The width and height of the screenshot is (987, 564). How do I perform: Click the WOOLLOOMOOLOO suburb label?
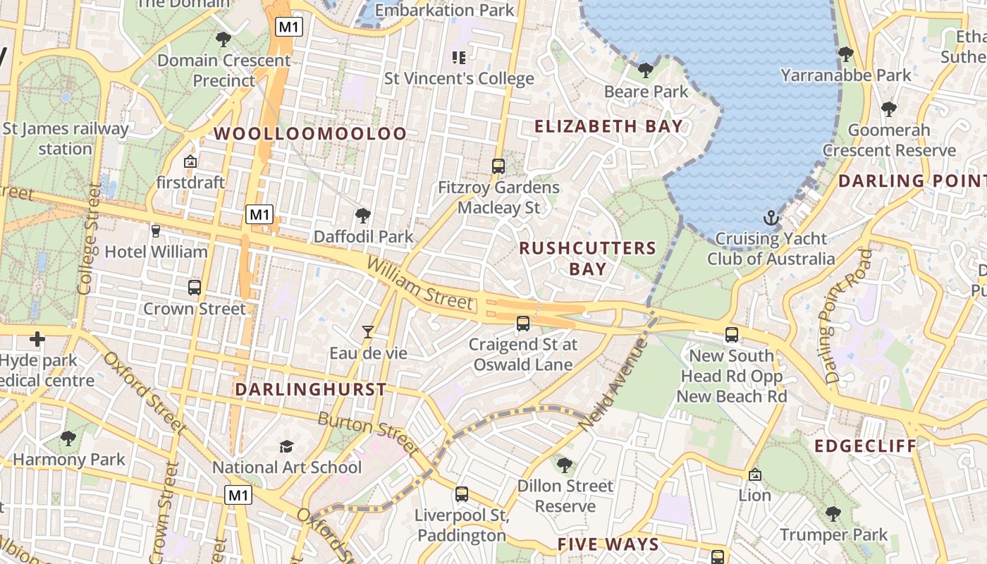click(x=310, y=133)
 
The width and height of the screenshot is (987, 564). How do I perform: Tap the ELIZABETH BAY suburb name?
click(x=608, y=127)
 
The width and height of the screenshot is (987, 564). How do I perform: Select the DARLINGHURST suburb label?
click(x=310, y=389)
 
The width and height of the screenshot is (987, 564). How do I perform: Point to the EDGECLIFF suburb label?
click(x=866, y=446)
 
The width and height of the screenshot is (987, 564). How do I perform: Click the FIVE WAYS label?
click(x=608, y=544)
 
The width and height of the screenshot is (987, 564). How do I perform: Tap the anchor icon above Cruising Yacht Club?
click(x=771, y=217)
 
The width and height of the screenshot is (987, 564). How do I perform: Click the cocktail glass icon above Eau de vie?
click(x=367, y=331)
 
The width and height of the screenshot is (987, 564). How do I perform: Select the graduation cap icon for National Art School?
click(x=286, y=446)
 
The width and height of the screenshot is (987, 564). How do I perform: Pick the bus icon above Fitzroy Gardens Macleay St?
click(x=498, y=166)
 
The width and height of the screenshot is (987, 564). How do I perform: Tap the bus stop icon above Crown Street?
click(x=195, y=288)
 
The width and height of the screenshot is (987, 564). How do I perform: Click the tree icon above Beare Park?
click(x=645, y=70)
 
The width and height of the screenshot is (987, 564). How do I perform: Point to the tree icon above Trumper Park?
click(x=833, y=513)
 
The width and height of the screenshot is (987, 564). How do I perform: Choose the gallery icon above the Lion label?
click(x=754, y=474)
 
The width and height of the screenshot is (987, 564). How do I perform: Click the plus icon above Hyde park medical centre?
click(x=37, y=340)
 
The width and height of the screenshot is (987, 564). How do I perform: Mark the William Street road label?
click(x=420, y=284)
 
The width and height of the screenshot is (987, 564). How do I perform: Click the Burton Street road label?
click(x=369, y=433)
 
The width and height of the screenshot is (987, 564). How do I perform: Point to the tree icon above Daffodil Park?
click(x=363, y=215)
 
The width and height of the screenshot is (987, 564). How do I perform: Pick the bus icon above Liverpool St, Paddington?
click(x=462, y=494)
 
